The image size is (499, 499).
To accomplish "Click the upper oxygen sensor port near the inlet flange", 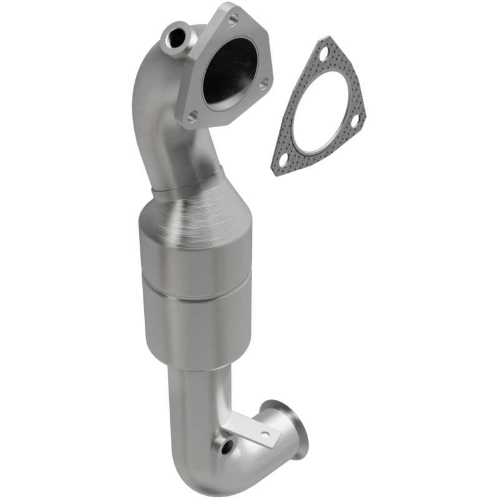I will (177, 37).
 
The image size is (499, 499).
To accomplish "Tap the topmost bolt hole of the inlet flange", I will (233, 19).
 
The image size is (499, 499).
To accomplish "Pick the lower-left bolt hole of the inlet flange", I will (193, 115).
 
